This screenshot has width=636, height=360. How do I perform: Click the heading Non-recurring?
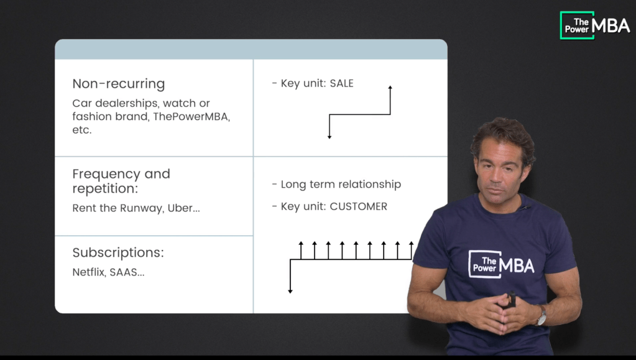118,84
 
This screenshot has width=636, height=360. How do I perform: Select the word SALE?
341,83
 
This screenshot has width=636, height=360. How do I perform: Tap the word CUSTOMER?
358,206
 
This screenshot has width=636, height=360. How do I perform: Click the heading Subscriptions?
118,252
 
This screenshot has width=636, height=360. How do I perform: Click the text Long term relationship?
341,184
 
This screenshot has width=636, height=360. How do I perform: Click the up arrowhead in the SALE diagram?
390,89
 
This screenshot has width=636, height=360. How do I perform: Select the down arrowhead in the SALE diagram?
330,136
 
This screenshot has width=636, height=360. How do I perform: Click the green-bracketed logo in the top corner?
594,25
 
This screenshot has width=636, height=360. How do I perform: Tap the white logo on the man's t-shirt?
501,264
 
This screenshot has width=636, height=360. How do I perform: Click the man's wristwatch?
542,316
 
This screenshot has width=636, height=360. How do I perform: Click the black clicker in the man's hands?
512,300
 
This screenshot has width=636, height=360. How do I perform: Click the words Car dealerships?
108,103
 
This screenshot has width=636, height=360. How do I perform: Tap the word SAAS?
127,272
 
